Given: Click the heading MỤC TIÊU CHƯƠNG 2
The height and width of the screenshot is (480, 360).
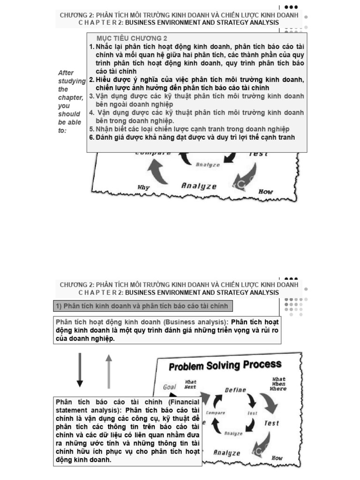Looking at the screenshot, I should click(132, 38).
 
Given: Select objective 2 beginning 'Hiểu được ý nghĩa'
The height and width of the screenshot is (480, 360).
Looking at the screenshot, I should click(197, 83).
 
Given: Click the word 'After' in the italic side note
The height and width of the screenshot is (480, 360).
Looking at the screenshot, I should click(66, 73).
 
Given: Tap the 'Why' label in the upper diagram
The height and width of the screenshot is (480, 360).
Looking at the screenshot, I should click(143, 187).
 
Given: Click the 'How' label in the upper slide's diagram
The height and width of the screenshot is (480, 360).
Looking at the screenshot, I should click(266, 191).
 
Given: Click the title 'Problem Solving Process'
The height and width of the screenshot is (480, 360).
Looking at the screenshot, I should click(225, 365).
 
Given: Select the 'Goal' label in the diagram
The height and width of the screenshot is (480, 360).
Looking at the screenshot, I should click(169, 387).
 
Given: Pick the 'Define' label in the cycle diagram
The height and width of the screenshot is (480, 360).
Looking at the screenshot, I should click(235, 390).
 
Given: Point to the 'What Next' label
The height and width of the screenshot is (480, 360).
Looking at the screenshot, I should click(190, 384).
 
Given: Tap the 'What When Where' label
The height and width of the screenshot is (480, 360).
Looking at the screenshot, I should click(278, 384).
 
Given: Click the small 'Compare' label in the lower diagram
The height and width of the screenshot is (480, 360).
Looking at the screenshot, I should click(216, 412).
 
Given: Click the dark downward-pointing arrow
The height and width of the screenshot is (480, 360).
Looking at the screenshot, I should click(80, 370).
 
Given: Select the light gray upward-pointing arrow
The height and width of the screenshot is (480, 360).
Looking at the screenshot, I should click(109, 371).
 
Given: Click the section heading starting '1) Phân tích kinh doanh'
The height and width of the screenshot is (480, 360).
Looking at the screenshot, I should click(142, 306).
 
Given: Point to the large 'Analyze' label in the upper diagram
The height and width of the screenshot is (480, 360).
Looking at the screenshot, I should click(199, 186).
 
